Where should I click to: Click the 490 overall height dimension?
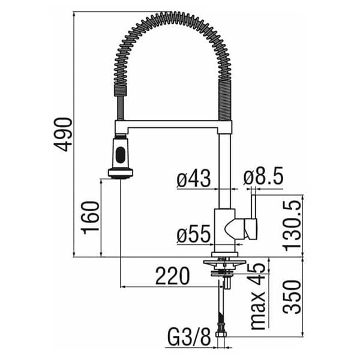[63, 134]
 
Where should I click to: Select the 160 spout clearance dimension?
[90, 217]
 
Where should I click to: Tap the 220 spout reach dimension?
[172, 275]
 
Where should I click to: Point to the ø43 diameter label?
[193, 178]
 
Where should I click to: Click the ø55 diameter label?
[193, 234]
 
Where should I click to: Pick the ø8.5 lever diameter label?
[263, 176]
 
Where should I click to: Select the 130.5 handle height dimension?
[292, 226]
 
